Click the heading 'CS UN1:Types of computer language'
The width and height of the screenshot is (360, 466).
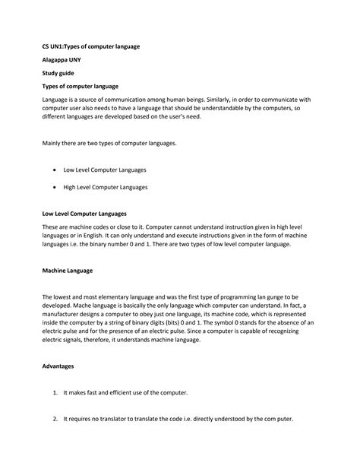click(x=91, y=46)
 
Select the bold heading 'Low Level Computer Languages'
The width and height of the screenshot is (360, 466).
click(x=84, y=214)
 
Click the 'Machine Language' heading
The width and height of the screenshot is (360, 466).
click(x=68, y=269)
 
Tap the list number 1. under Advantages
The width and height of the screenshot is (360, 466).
click(x=55, y=392)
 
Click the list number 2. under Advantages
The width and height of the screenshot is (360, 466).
click(x=55, y=420)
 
